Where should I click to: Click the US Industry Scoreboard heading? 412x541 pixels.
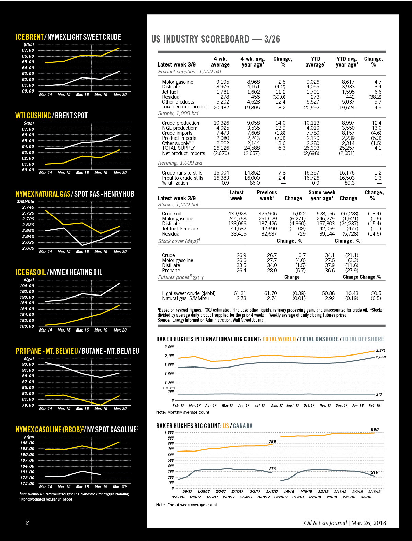216,39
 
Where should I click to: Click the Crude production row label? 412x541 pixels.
181,123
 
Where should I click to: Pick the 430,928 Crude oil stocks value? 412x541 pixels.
237,214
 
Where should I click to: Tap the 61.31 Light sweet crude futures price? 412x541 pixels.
240,293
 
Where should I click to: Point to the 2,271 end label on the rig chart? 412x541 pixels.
380,350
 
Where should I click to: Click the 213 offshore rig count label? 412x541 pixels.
379,394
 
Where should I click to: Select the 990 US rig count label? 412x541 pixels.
375,429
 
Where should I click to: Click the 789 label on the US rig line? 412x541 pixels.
272,441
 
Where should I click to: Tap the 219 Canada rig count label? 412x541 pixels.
375,472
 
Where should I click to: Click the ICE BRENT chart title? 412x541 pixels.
30,37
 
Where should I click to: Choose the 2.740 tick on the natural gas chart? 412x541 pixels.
28,207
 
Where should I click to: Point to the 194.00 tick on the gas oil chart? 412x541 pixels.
27,286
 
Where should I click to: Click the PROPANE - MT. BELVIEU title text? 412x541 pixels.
47,351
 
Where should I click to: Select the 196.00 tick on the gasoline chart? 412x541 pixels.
27,443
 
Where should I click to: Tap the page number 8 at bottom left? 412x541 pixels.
27,523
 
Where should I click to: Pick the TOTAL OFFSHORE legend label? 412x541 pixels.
363,339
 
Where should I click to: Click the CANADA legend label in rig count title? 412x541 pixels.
243,426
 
